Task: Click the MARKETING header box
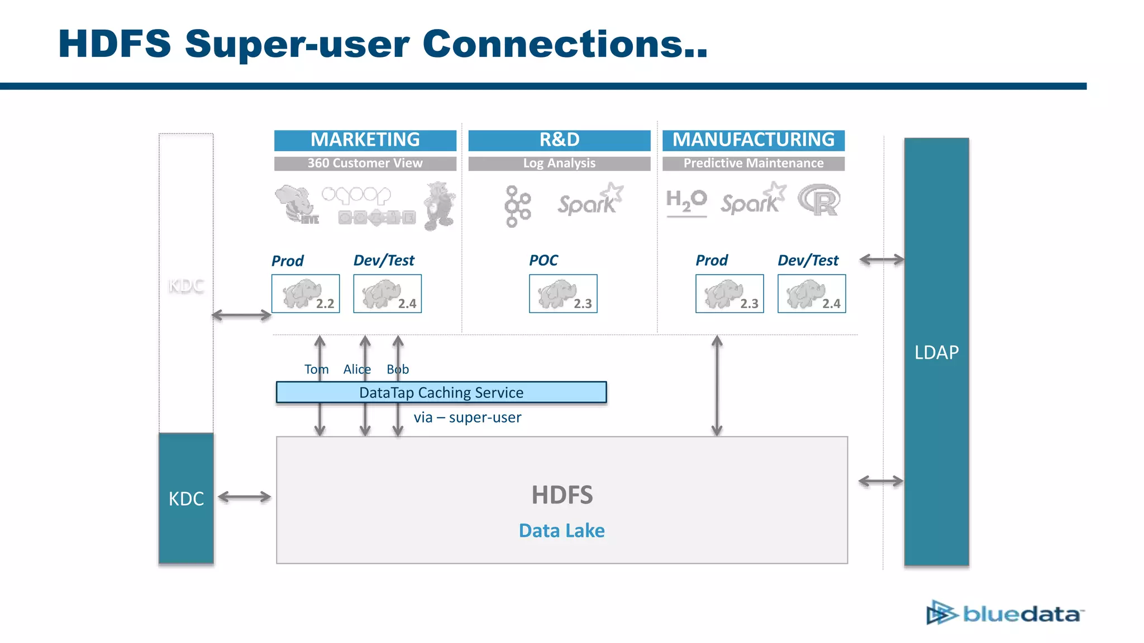tap(365, 140)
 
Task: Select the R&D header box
tap(559, 140)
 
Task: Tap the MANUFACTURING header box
tap(753, 140)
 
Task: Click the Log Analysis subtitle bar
tap(559, 164)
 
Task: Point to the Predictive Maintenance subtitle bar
tap(753, 164)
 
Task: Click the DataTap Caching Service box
tap(441, 392)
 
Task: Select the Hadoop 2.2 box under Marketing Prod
tap(306, 294)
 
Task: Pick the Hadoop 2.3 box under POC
tap(563, 294)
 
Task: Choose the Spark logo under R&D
tap(590, 200)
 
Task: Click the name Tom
tap(316, 370)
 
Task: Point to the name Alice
tap(356, 370)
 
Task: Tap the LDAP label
tap(936, 352)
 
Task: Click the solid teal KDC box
tap(186, 498)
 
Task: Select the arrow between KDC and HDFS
tap(245, 497)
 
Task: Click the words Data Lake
tap(561, 530)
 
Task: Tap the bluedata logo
tap(1005, 613)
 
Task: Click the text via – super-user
tap(467, 418)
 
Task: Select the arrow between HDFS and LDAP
tap(881, 481)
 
